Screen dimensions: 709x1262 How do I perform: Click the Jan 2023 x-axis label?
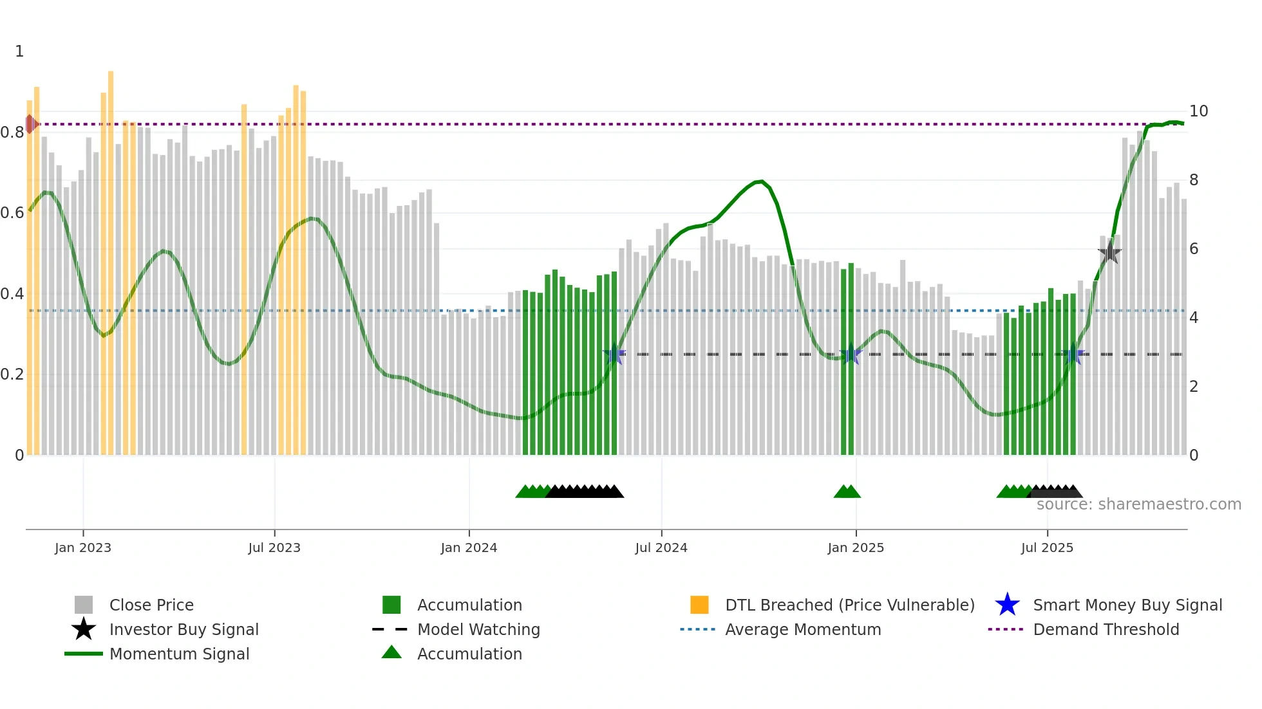[x=83, y=548]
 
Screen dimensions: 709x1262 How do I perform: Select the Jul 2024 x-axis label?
[x=661, y=548]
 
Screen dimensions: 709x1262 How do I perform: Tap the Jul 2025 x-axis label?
[x=1047, y=548]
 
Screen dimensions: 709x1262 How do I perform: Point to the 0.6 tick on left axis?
[x=12, y=213]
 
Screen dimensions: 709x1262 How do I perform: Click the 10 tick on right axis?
[x=1198, y=111]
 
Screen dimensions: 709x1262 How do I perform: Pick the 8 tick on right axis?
[x=1194, y=180]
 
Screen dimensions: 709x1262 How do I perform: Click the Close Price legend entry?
[x=151, y=605]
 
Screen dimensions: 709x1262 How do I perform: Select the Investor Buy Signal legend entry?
[x=184, y=629]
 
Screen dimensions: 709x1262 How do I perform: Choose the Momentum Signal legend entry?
[x=179, y=654]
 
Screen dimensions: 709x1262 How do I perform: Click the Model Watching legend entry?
[x=478, y=629]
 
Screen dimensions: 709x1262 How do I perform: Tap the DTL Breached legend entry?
[x=849, y=605]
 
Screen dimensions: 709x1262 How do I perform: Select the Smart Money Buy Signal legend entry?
[x=1127, y=605]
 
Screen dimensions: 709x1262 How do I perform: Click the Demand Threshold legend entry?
[x=1106, y=629]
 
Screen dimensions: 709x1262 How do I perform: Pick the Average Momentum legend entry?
[x=803, y=629]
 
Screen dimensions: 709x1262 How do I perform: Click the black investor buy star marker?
[x=1109, y=253]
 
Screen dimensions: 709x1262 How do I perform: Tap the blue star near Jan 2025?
[x=851, y=354]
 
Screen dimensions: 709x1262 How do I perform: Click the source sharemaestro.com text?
[x=1138, y=504]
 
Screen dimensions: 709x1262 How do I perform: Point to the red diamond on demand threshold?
[x=30, y=124]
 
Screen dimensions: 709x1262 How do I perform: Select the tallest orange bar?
[x=111, y=257]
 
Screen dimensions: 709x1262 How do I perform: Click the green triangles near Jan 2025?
[x=847, y=492]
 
